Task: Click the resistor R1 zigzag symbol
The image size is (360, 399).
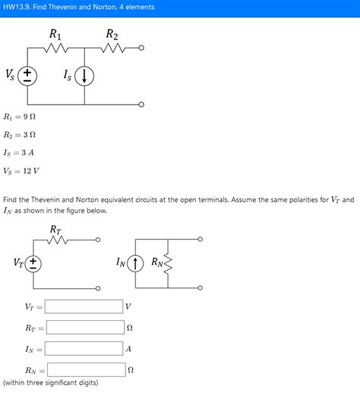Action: (56, 49)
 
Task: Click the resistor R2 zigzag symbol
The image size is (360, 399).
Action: (112, 49)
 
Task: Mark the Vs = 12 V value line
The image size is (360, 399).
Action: (22, 171)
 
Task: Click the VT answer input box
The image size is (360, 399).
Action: (84, 306)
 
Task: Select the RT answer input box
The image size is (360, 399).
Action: (84, 328)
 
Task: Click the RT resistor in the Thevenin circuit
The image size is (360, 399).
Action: (56, 240)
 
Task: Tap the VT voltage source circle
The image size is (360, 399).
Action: (33, 263)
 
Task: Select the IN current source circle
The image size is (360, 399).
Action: (137, 263)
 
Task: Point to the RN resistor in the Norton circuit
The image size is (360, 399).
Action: (167, 263)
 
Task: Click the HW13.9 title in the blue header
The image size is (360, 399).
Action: (68, 7)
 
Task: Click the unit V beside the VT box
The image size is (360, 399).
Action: (128, 306)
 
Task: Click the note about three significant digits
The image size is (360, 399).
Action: (50, 383)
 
